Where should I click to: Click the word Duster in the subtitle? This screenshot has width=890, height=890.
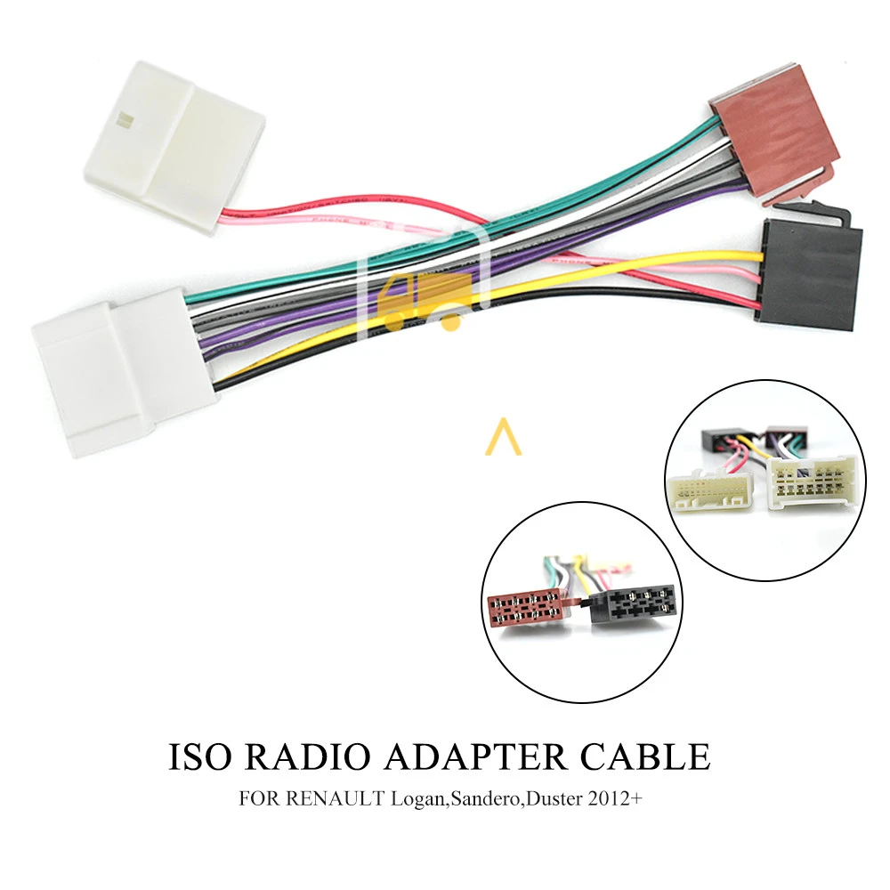tap(551, 798)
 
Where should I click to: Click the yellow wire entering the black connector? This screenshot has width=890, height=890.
tap(703, 260)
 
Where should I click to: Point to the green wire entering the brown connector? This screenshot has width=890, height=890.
tap(676, 151)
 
